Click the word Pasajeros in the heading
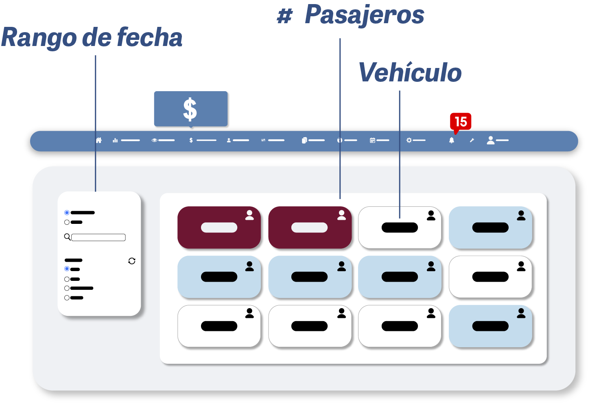click(364, 15)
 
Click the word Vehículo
click(410, 73)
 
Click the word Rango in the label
click(39, 37)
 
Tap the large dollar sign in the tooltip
click(190, 109)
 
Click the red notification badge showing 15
click(461, 121)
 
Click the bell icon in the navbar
click(451, 140)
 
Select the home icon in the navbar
click(98, 140)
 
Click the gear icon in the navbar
click(409, 140)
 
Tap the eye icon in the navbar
click(154, 140)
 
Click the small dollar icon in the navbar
click(191, 140)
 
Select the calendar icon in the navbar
click(372, 140)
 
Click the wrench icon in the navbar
click(472, 140)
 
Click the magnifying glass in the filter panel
click(67, 236)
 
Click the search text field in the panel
click(98, 237)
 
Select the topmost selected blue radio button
click(67, 212)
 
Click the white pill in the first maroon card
click(219, 228)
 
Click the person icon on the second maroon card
click(341, 215)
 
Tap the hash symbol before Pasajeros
click(284, 16)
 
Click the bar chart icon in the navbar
click(115, 140)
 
